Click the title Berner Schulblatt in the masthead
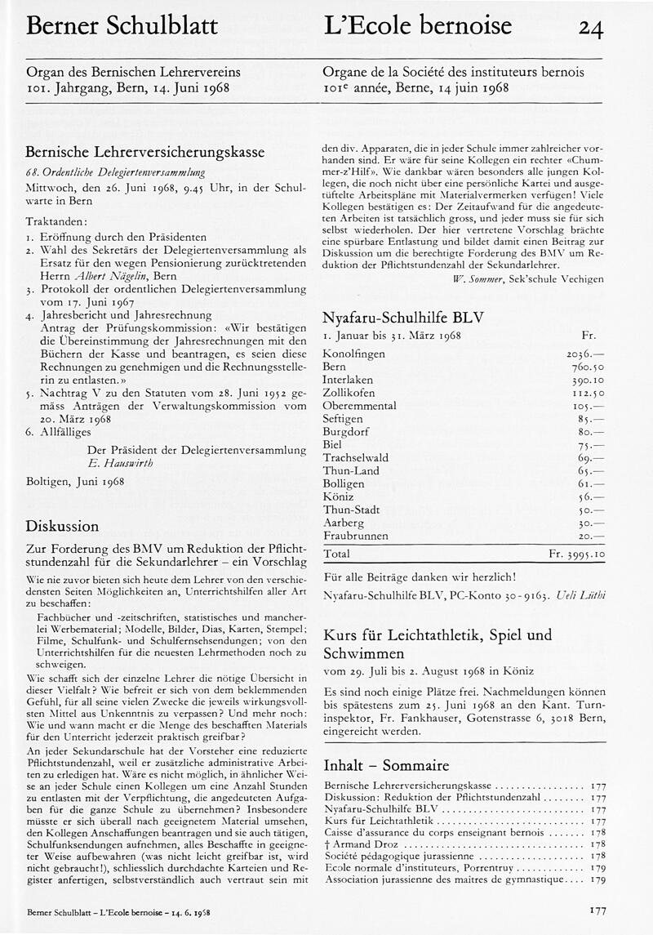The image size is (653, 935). coord(122,26)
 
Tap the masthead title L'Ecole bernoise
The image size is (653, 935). coord(417,26)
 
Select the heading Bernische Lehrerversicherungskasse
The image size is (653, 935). coord(145,152)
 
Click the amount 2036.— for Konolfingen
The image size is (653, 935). coord(585,354)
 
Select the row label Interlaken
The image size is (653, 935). coord(349,380)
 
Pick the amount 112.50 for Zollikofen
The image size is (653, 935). coord(587,393)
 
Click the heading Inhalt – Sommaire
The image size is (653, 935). coord(386,765)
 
